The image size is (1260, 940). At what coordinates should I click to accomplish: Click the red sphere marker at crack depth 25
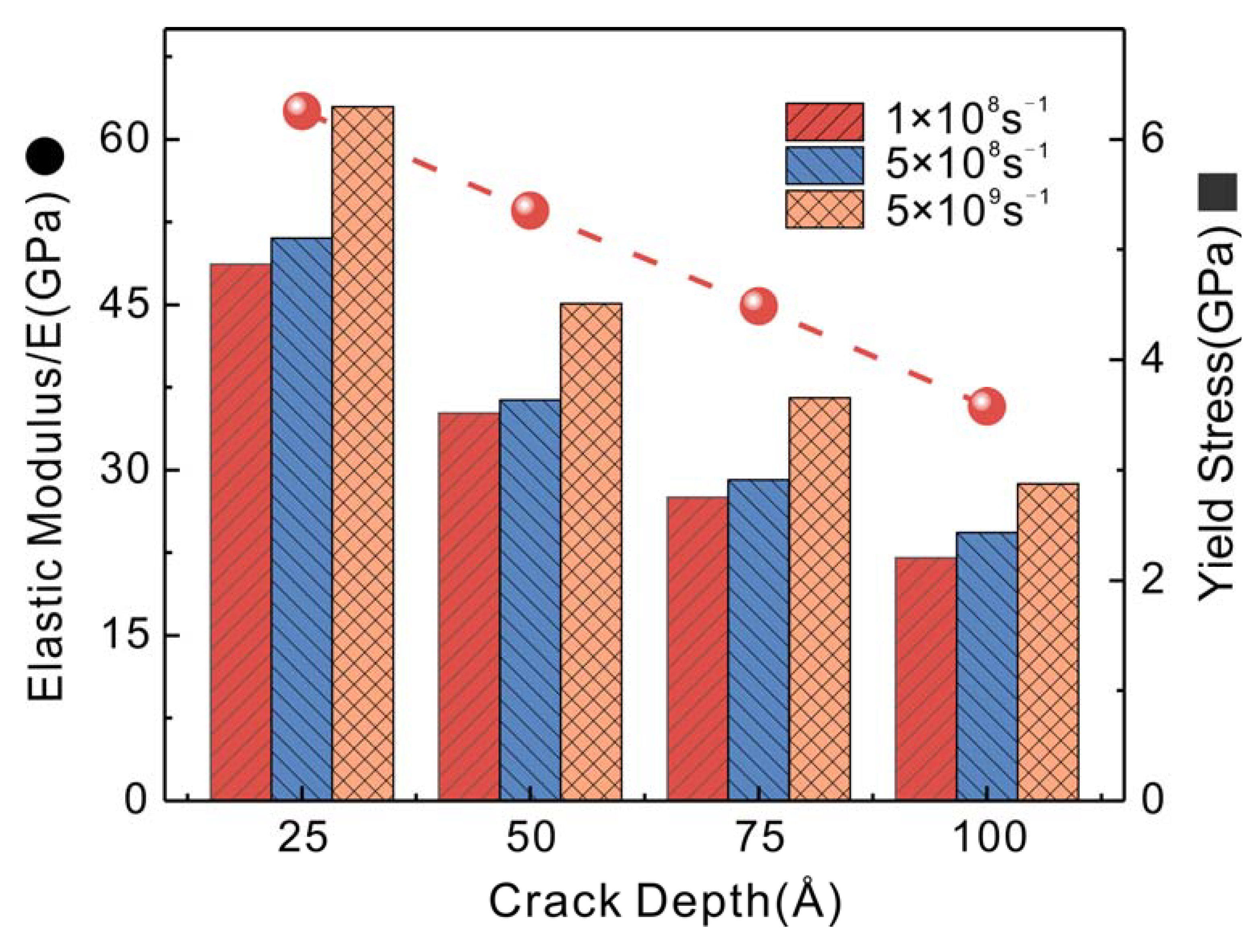click(302, 111)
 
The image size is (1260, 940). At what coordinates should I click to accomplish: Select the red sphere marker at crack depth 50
click(530, 211)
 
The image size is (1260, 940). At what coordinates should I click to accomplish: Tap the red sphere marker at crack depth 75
click(758, 306)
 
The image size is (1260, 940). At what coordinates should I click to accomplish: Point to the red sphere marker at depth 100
click(987, 406)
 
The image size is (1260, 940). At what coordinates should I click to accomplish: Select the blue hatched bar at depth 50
click(530, 600)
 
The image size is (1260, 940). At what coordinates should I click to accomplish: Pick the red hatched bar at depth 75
click(697, 649)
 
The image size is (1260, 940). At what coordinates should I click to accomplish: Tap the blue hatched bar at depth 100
click(987, 666)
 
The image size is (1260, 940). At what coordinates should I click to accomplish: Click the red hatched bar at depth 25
click(241, 532)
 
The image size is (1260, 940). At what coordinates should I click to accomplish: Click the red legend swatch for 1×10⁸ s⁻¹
click(824, 121)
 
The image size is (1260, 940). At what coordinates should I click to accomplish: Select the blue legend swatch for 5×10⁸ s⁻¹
click(824, 165)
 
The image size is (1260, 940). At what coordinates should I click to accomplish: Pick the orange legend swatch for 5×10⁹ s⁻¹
click(824, 209)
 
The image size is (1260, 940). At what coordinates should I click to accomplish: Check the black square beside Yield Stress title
click(1217, 193)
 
